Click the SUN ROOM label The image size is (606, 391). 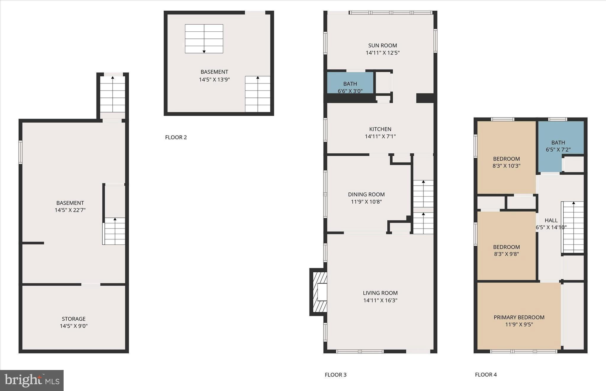[382, 46]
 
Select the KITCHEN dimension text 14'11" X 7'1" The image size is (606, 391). [380, 136]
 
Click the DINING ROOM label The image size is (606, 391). [366, 194]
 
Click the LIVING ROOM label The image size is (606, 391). [380, 293]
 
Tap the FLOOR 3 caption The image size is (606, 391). [335, 375]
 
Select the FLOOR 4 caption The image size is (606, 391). [486, 375]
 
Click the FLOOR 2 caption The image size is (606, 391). [176, 137]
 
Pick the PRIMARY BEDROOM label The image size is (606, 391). [519, 317]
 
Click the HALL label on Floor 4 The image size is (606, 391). [551, 221]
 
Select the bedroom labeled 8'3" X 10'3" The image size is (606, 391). [506, 162]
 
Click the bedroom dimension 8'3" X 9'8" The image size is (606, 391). [506, 254]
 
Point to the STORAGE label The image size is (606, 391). [73, 319]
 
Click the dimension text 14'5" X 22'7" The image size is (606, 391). [70, 210]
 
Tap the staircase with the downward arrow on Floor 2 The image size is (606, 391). [204, 39]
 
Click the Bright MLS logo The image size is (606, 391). [32, 380]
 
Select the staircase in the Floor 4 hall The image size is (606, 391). [573, 227]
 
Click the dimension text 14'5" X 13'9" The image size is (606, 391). [214, 80]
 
